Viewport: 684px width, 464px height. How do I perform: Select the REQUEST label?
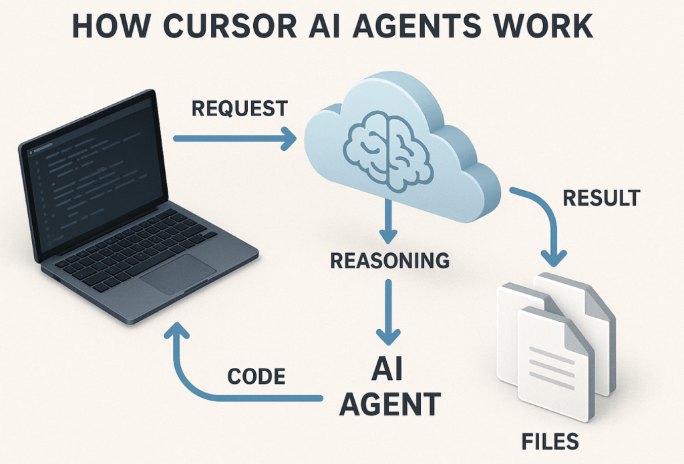coord(240,108)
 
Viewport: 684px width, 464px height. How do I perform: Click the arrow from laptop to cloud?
coord(234,138)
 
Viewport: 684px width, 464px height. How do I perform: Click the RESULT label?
coord(601,198)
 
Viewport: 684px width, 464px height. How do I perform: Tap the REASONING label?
coord(390,260)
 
